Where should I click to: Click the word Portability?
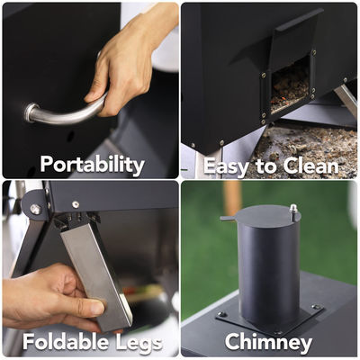pos(92,164)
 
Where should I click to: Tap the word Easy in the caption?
pos(226,166)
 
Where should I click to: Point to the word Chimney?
pos(268,342)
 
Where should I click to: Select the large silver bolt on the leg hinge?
pos(35,209)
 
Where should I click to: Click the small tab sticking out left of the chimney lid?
pos(226,217)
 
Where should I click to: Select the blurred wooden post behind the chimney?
pos(233,198)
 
